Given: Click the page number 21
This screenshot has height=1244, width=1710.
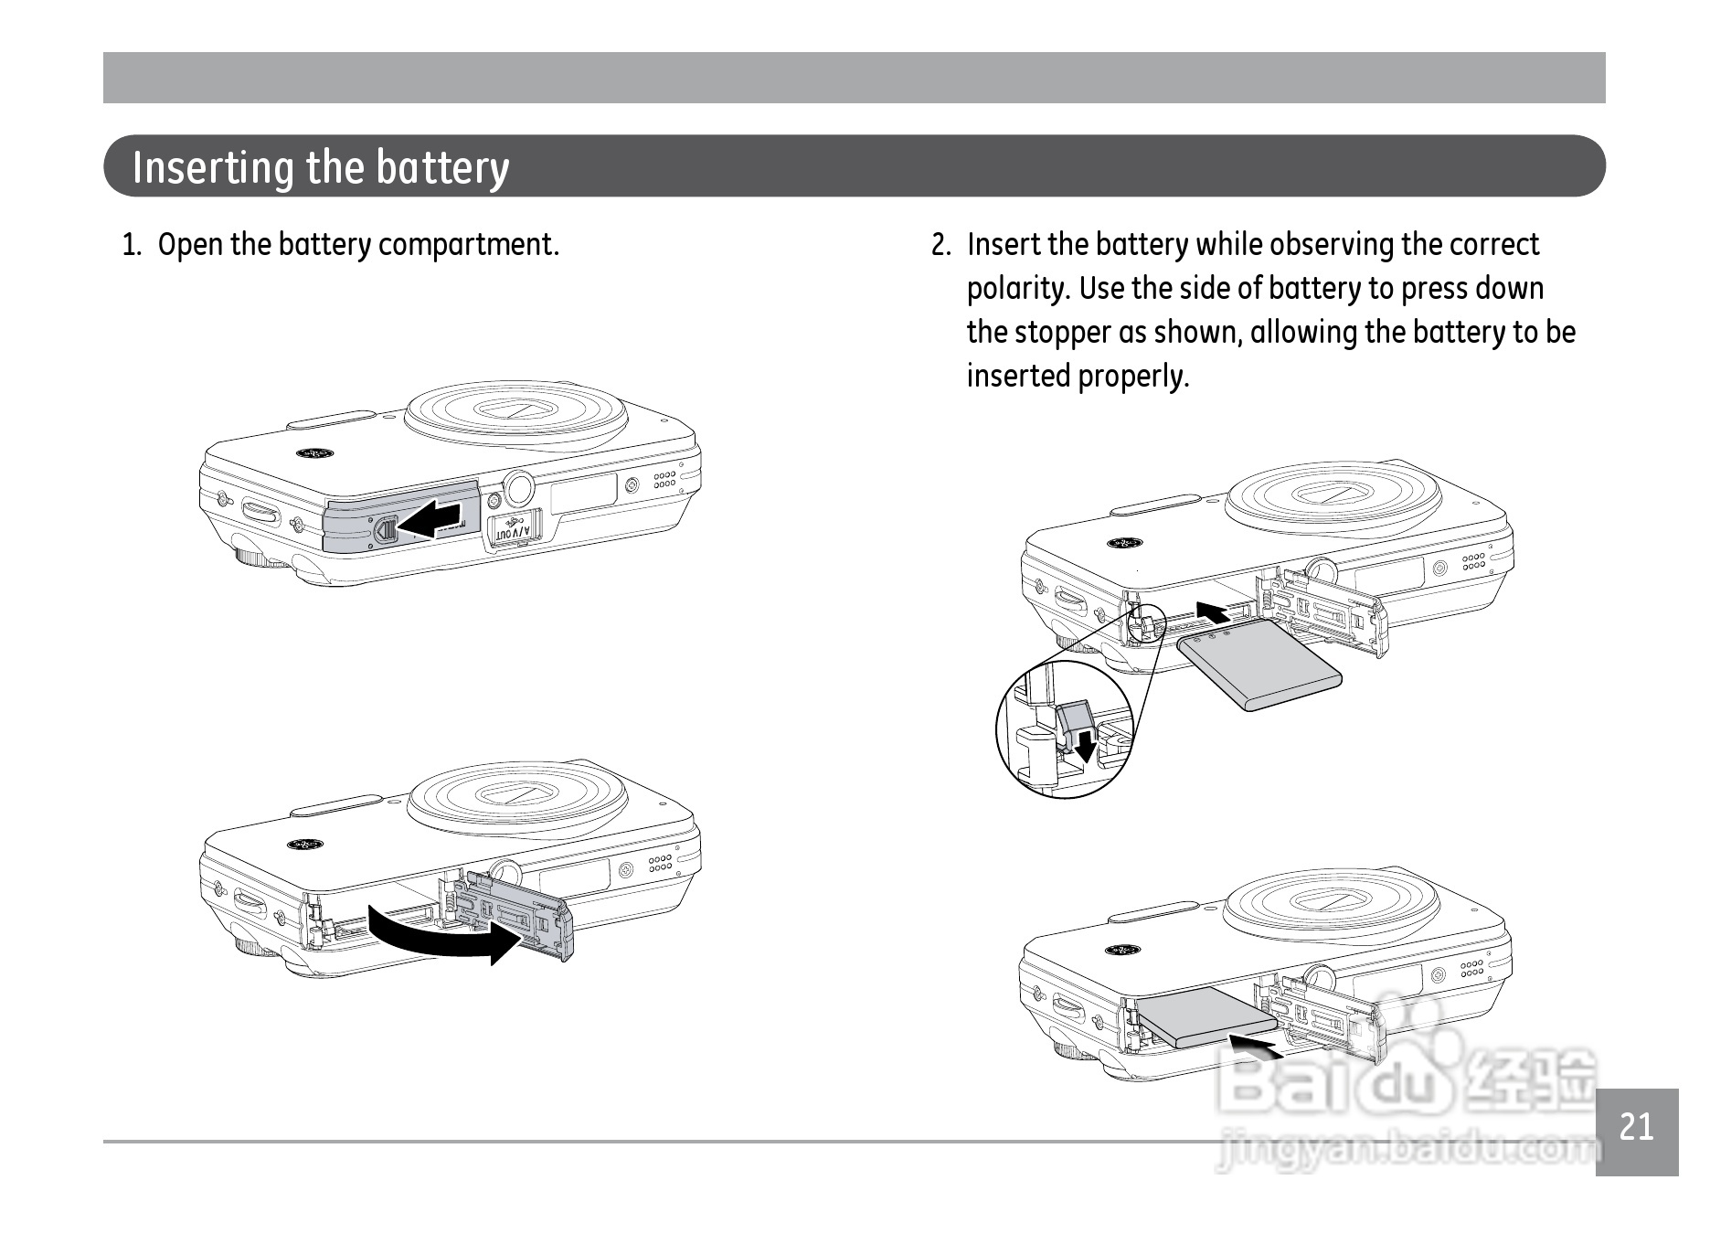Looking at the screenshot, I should coord(1636,1127).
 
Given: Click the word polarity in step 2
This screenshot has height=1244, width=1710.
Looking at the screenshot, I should coord(1018,289).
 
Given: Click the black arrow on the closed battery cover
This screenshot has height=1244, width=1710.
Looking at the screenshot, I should coord(430,519).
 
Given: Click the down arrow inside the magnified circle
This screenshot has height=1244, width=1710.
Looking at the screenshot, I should coord(1085,744).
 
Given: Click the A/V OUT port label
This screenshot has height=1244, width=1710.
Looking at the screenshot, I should coord(513,531).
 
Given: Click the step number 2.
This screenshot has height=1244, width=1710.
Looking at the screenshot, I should coord(940,246).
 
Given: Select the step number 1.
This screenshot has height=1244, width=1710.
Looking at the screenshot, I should coord(132,246).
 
